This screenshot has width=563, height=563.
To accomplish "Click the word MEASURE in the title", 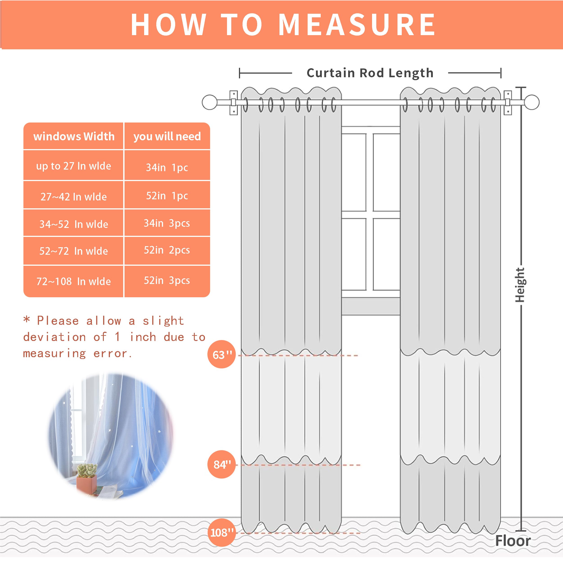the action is click(x=357, y=25).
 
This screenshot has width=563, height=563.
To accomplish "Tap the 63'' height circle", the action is click(x=221, y=354).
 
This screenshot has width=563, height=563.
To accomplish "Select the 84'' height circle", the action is click(x=221, y=465).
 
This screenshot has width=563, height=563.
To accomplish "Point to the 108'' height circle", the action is click(x=221, y=533).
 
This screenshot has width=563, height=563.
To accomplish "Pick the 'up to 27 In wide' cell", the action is click(x=73, y=166).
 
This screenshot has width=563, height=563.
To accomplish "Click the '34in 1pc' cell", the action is click(x=167, y=167).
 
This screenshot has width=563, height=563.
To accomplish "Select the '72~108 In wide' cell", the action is click(x=73, y=281).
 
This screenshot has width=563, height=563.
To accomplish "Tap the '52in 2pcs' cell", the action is click(x=167, y=250).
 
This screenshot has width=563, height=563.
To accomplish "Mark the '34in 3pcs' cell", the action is click(x=167, y=223).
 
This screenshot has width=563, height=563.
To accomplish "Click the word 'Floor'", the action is click(x=513, y=541).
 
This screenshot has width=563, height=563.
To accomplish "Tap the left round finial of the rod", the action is click(x=209, y=102).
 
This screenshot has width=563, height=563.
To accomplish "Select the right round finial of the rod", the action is click(x=532, y=102).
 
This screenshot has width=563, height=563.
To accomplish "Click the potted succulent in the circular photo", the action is click(x=87, y=478).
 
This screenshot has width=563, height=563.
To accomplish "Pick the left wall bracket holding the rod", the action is click(x=233, y=102).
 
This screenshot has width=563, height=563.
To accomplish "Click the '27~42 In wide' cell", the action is click(x=73, y=197).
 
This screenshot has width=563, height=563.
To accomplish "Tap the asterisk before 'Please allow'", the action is click(x=27, y=319).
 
